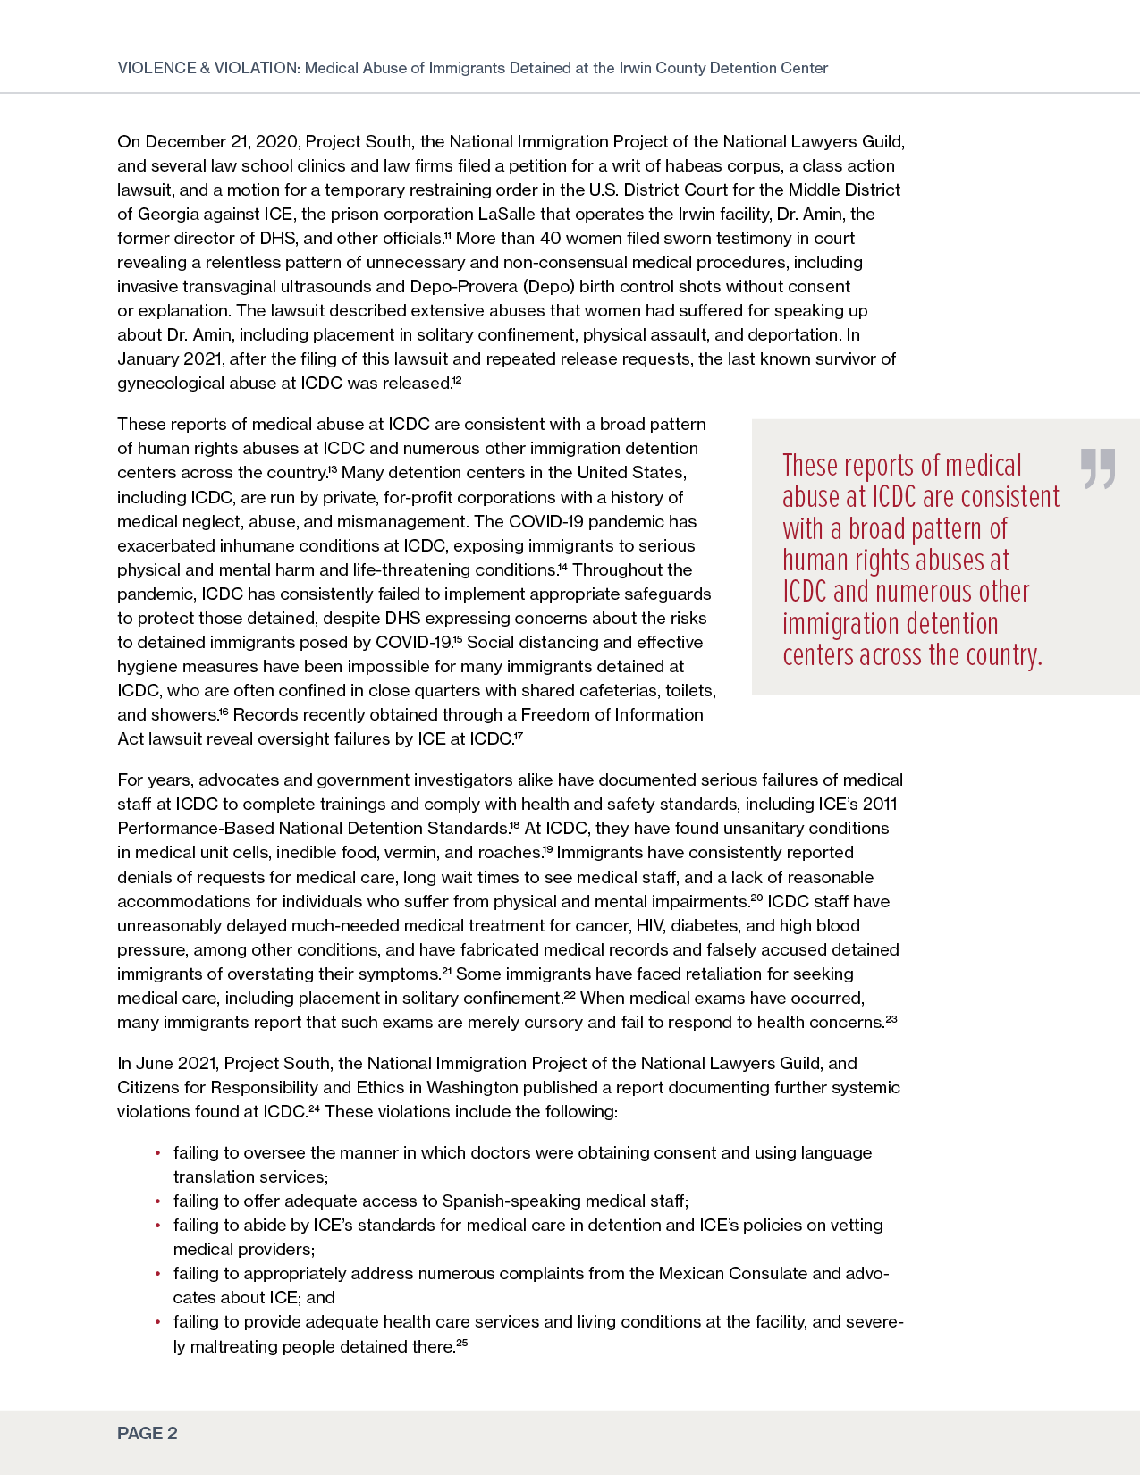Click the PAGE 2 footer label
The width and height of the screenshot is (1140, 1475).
click(148, 1434)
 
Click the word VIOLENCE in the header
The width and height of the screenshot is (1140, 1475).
click(156, 68)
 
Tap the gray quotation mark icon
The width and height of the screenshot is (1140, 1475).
click(1098, 468)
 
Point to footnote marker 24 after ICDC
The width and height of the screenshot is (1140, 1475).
click(314, 1109)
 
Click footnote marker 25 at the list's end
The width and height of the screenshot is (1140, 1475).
click(461, 1343)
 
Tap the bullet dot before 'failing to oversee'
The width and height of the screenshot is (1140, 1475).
click(158, 1153)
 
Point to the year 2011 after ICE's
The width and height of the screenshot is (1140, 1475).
click(880, 805)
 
